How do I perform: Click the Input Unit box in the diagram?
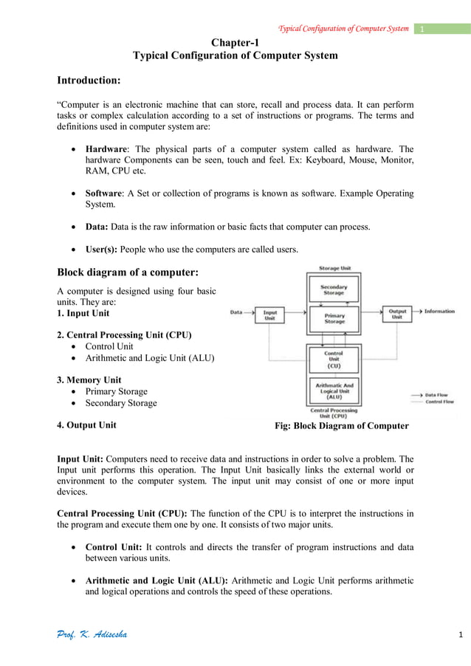(270, 315)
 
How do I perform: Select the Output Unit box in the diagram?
(397, 315)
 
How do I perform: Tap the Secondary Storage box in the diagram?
(334, 289)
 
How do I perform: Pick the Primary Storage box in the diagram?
(334, 318)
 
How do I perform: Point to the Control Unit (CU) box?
(334, 360)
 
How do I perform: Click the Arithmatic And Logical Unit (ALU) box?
(334, 389)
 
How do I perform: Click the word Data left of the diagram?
(236, 312)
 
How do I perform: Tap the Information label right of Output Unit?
(439, 312)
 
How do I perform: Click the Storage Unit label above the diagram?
(334, 268)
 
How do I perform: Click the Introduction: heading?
(89, 79)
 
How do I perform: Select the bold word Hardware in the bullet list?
(109, 148)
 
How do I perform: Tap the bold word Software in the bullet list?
(106, 193)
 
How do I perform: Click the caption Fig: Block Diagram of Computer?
(341, 426)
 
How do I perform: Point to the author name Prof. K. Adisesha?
(92, 635)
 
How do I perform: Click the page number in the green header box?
(422, 29)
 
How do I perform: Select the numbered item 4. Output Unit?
(86, 425)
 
